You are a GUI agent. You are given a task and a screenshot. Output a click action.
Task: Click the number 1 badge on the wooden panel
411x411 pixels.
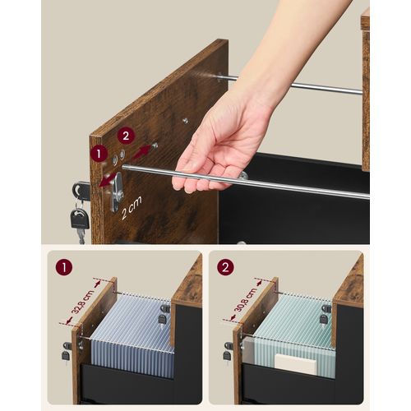pos(99,154)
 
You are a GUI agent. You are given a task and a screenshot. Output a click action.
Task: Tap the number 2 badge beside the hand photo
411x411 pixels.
pos(126,136)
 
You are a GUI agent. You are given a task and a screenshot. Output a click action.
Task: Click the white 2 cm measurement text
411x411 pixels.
pos(132,208)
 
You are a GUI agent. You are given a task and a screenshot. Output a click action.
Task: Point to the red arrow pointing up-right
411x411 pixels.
pos(141,153)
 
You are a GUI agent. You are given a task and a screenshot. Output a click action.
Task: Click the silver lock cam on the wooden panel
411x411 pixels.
pos(118,192)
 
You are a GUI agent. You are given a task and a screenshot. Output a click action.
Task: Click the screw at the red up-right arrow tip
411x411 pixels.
pos(155,145)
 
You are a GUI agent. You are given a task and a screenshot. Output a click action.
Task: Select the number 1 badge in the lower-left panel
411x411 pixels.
pos(64,267)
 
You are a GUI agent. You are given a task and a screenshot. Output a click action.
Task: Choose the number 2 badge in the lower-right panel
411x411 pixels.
pos(225,267)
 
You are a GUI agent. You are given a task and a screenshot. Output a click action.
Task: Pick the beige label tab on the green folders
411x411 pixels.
pos(295,365)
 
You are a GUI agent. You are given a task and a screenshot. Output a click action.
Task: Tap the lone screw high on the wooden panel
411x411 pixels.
pos(186,120)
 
